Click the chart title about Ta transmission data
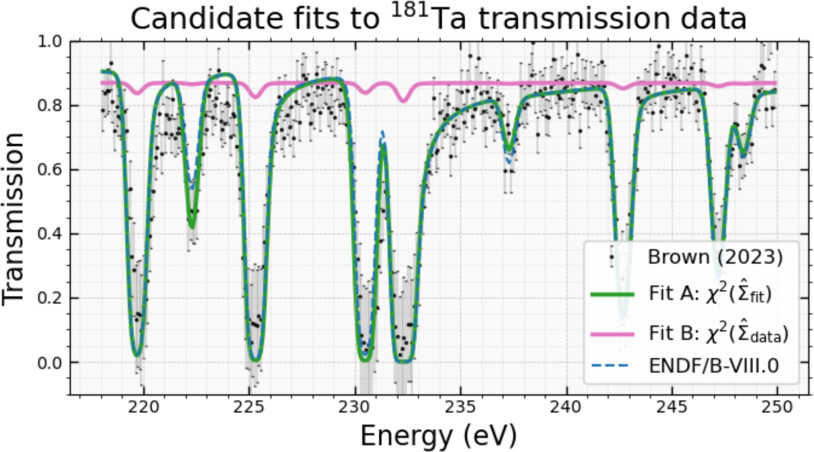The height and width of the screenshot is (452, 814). pyautogui.click(x=438, y=18)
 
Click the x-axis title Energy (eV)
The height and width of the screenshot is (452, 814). pyautogui.click(x=438, y=435)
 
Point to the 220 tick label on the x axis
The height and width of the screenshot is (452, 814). pyautogui.click(x=144, y=407)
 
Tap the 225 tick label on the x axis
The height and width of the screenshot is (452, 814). pyautogui.click(x=249, y=407)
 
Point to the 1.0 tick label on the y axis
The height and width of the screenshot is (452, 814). pyautogui.click(x=49, y=42)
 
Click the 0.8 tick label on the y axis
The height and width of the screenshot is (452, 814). pyautogui.click(x=49, y=106)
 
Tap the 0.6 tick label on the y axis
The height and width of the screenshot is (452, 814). pyautogui.click(x=49, y=170)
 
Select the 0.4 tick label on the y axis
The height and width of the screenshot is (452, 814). pyautogui.click(x=49, y=234)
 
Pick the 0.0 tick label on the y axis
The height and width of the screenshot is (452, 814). pyautogui.click(x=49, y=362)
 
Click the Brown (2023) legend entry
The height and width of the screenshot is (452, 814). pyautogui.click(x=715, y=257)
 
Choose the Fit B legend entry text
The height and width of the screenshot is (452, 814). pyautogui.click(x=718, y=333)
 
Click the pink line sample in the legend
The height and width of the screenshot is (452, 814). pyautogui.click(x=613, y=334)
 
